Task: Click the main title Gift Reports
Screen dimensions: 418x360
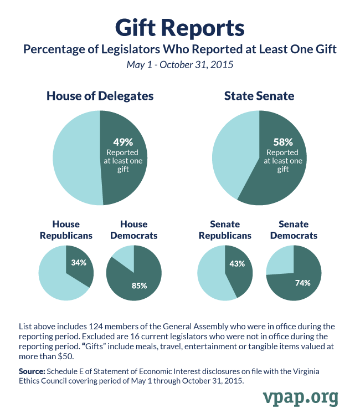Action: [x=179, y=27]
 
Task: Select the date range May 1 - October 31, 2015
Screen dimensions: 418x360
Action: [x=179, y=65]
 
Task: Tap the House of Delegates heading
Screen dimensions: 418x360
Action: [x=100, y=96]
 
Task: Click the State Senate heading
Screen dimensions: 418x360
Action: [x=259, y=96]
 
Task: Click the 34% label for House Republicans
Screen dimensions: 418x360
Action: [x=79, y=262]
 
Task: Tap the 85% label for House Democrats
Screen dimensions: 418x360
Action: [x=139, y=286]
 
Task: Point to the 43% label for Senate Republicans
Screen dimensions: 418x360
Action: [x=237, y=264]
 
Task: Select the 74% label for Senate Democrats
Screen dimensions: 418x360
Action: [x=302, y=283]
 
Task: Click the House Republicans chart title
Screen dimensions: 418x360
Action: [x=66, y=230]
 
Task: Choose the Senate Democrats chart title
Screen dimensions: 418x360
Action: [x=294, y=230]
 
